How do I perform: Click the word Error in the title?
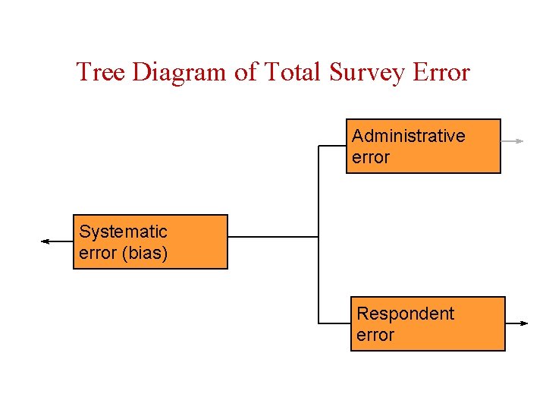point(441,72)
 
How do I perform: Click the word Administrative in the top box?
point(408,136)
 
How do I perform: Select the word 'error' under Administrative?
point(370,157)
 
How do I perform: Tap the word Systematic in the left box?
point(123,232)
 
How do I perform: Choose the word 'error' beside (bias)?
point(97,253)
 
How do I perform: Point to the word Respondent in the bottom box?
point(405,314)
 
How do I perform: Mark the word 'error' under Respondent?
point(375,335)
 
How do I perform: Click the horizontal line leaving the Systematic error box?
point(273,237)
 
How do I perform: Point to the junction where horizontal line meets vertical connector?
point(318,237)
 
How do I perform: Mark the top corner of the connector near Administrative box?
point(318,146)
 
